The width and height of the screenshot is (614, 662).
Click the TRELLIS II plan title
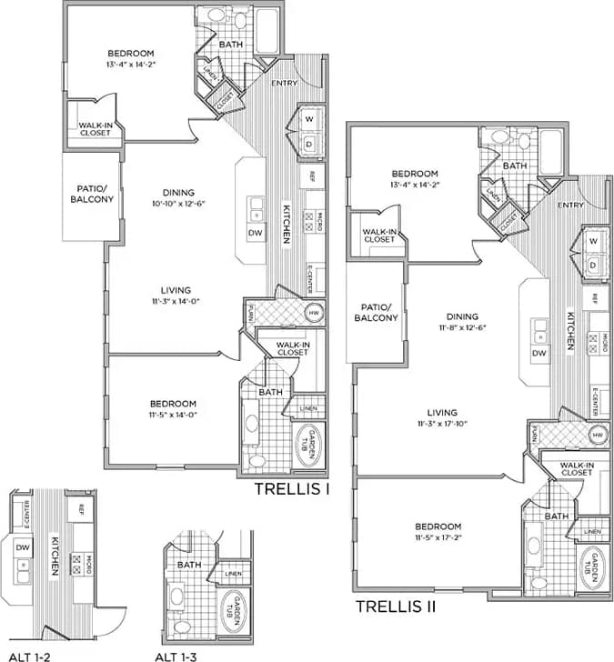click(396, 607)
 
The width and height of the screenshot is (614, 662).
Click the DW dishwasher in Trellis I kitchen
click(255, 233)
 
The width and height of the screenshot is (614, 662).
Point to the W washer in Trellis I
click(308, 119)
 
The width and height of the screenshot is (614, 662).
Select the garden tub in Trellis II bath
click(591, 567)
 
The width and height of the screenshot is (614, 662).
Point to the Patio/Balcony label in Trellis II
click(376, 313)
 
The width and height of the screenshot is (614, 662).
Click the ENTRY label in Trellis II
click(570, 205)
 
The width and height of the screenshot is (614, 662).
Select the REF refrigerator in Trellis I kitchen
click(312, 175)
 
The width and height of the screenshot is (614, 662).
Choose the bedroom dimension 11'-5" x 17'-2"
click(438, 538)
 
